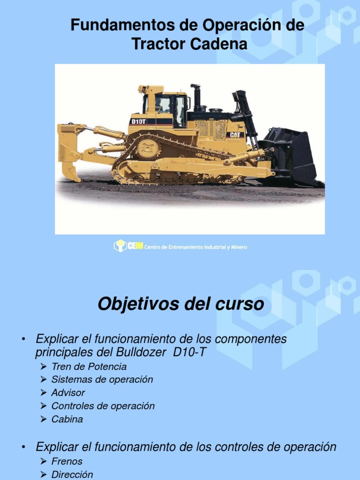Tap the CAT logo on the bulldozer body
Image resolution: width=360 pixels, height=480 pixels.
(235, 135)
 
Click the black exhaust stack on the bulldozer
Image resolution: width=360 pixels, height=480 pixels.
(196, 97)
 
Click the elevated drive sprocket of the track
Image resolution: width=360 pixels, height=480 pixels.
(149, 149)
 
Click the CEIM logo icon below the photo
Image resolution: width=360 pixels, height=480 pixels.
(120, 246)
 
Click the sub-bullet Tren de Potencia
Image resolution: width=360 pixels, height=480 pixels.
(89, 367)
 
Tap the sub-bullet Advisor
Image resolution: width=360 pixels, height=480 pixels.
(68, 393)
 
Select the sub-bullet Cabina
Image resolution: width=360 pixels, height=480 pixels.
(67, 419)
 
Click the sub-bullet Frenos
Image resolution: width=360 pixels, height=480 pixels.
(67, 461)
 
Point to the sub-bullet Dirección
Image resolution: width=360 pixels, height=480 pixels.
(72, 474)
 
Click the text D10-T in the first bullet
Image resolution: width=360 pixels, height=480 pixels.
(189, 352)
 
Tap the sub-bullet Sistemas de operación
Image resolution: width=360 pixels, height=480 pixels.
(102, 380)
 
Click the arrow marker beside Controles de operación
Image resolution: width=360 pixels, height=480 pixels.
(44, 406)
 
